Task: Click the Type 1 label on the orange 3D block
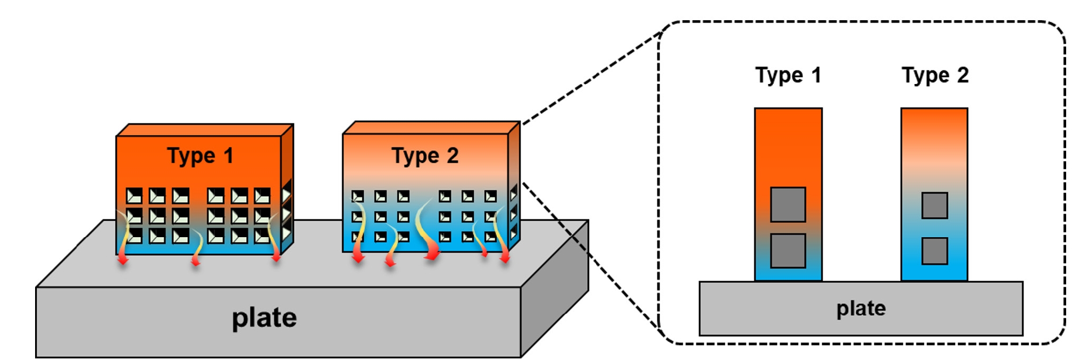tap(200, 156)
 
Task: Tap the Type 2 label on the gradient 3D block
tap(425, 156)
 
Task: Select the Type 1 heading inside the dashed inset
tap(788, 76)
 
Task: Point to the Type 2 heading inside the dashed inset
tap(935, 76)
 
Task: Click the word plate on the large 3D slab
tap(264, 318)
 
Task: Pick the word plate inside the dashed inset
tap(861, 308)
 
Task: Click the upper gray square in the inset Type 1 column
tap(788, 204)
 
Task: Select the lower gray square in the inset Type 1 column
tap(788, 250)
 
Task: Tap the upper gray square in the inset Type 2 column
tap(934, 205)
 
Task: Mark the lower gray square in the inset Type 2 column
tap(934, 251)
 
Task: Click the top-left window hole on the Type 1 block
tap(134, 196)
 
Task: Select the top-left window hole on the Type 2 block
tap(358, 197)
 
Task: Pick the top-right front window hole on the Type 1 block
tap(262, 196)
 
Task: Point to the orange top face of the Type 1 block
tap(205, 130)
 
